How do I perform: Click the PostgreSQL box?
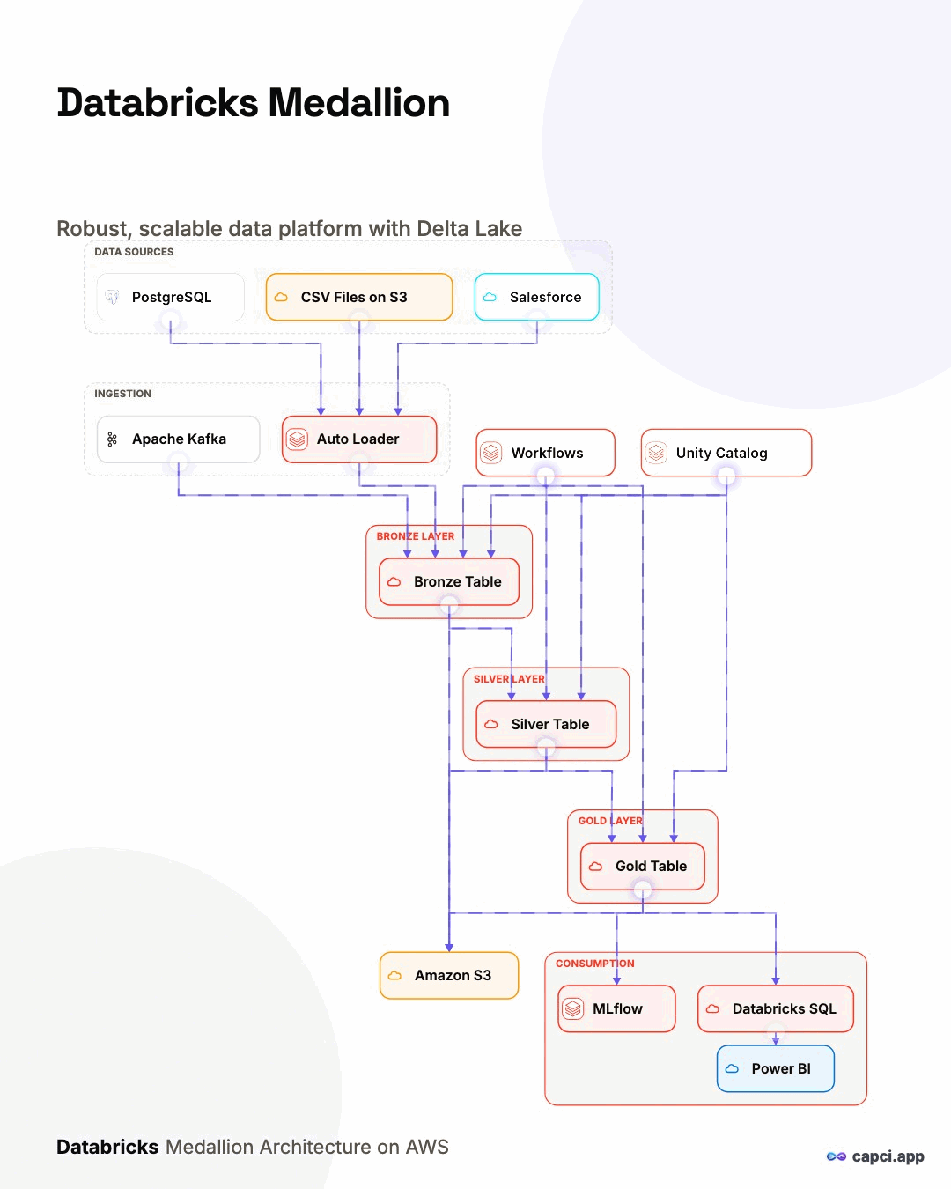click(x=170, y=298)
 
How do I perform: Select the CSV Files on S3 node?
click(x=359, y=298)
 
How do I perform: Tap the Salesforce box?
click(x=536, y=298)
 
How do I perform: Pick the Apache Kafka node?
click(x=179, y=439)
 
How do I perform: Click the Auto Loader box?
click(x=359, y=439)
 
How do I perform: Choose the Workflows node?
click(x=545, y=453)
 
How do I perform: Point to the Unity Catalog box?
click(x=726, y=453)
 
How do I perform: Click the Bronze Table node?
click(x=449, y=582)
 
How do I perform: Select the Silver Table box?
click(x=546, y=724)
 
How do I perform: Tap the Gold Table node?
click(x=643, y=867)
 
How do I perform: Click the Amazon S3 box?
click(x=449, y=976)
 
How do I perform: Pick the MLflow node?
click(x=616, y=1008)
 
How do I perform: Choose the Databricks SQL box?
click(x=776, y=1008)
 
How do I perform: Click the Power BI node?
click(x=776, y=1069)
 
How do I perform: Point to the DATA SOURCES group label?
click(x=134, y=252)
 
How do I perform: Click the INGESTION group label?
click(x=122, y=394)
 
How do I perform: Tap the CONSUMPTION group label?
click(x=595, y=964)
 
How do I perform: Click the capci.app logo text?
click(x=888, y=1156)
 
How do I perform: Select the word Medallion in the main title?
click(x=359, y=103)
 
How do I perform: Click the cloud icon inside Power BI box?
click(x=732, y=1069)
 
